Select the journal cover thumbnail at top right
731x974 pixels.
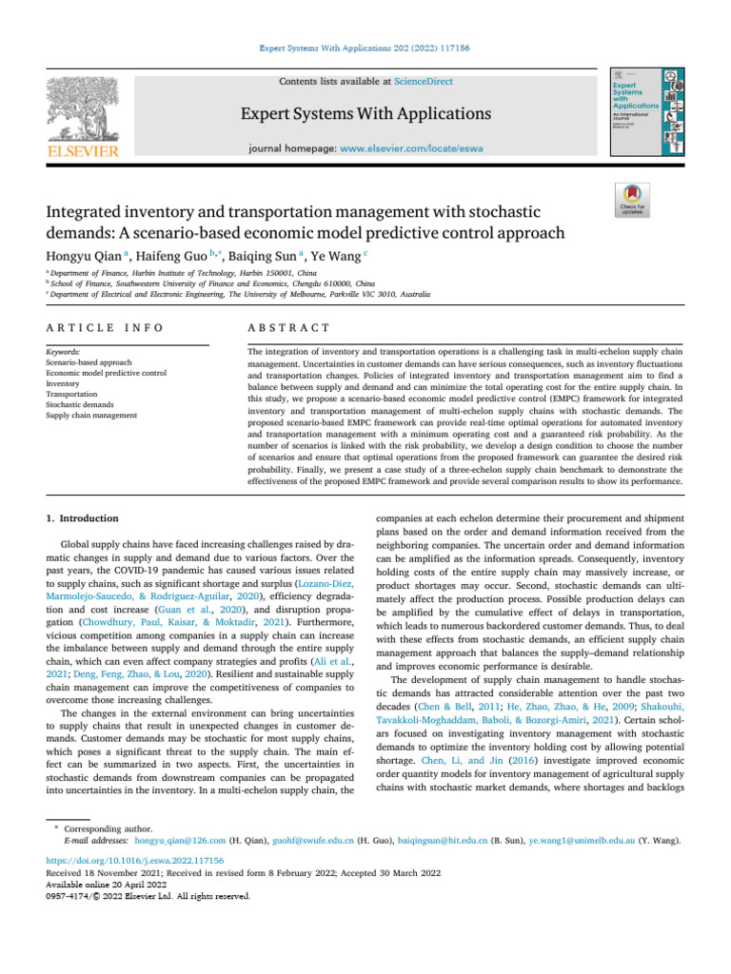pyautogui.click(x=646, y=115)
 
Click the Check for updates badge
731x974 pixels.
pyautogui.click(x=632, y=202)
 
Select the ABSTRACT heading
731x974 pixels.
pyautogui.click(x=288, y=327)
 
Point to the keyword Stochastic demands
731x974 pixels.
pyautogui.click(x=80, y=404)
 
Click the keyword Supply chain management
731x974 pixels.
pyautogui.click(x=90, y=416)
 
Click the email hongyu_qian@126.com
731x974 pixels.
pyautogui.click(x=179, y=842)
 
